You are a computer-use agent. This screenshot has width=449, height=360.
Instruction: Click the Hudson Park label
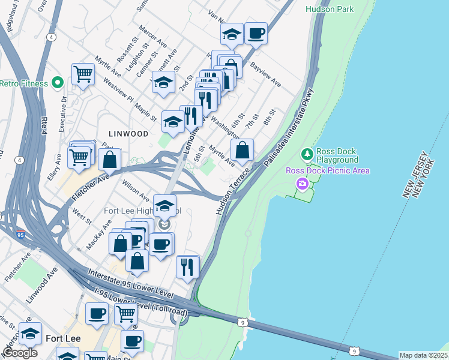[x=330, y=9]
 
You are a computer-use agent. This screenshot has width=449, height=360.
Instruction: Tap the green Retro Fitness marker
[x=58, y=82]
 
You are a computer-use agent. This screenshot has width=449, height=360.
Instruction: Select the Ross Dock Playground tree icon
[x=307, y=155]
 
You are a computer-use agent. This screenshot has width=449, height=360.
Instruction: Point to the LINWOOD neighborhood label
[x=128, y=134]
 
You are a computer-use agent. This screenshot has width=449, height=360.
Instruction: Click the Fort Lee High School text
[x=142, y=211]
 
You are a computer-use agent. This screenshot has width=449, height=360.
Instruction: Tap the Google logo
[x=20, y=352]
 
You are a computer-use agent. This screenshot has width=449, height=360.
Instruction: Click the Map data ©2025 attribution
[x=423, y=355]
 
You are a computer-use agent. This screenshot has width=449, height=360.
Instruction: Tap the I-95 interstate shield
[x=20, y=235]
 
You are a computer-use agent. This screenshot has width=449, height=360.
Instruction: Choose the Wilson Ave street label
[x=136, y=190]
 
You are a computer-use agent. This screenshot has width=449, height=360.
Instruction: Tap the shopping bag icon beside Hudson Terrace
[x=242, y=151]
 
